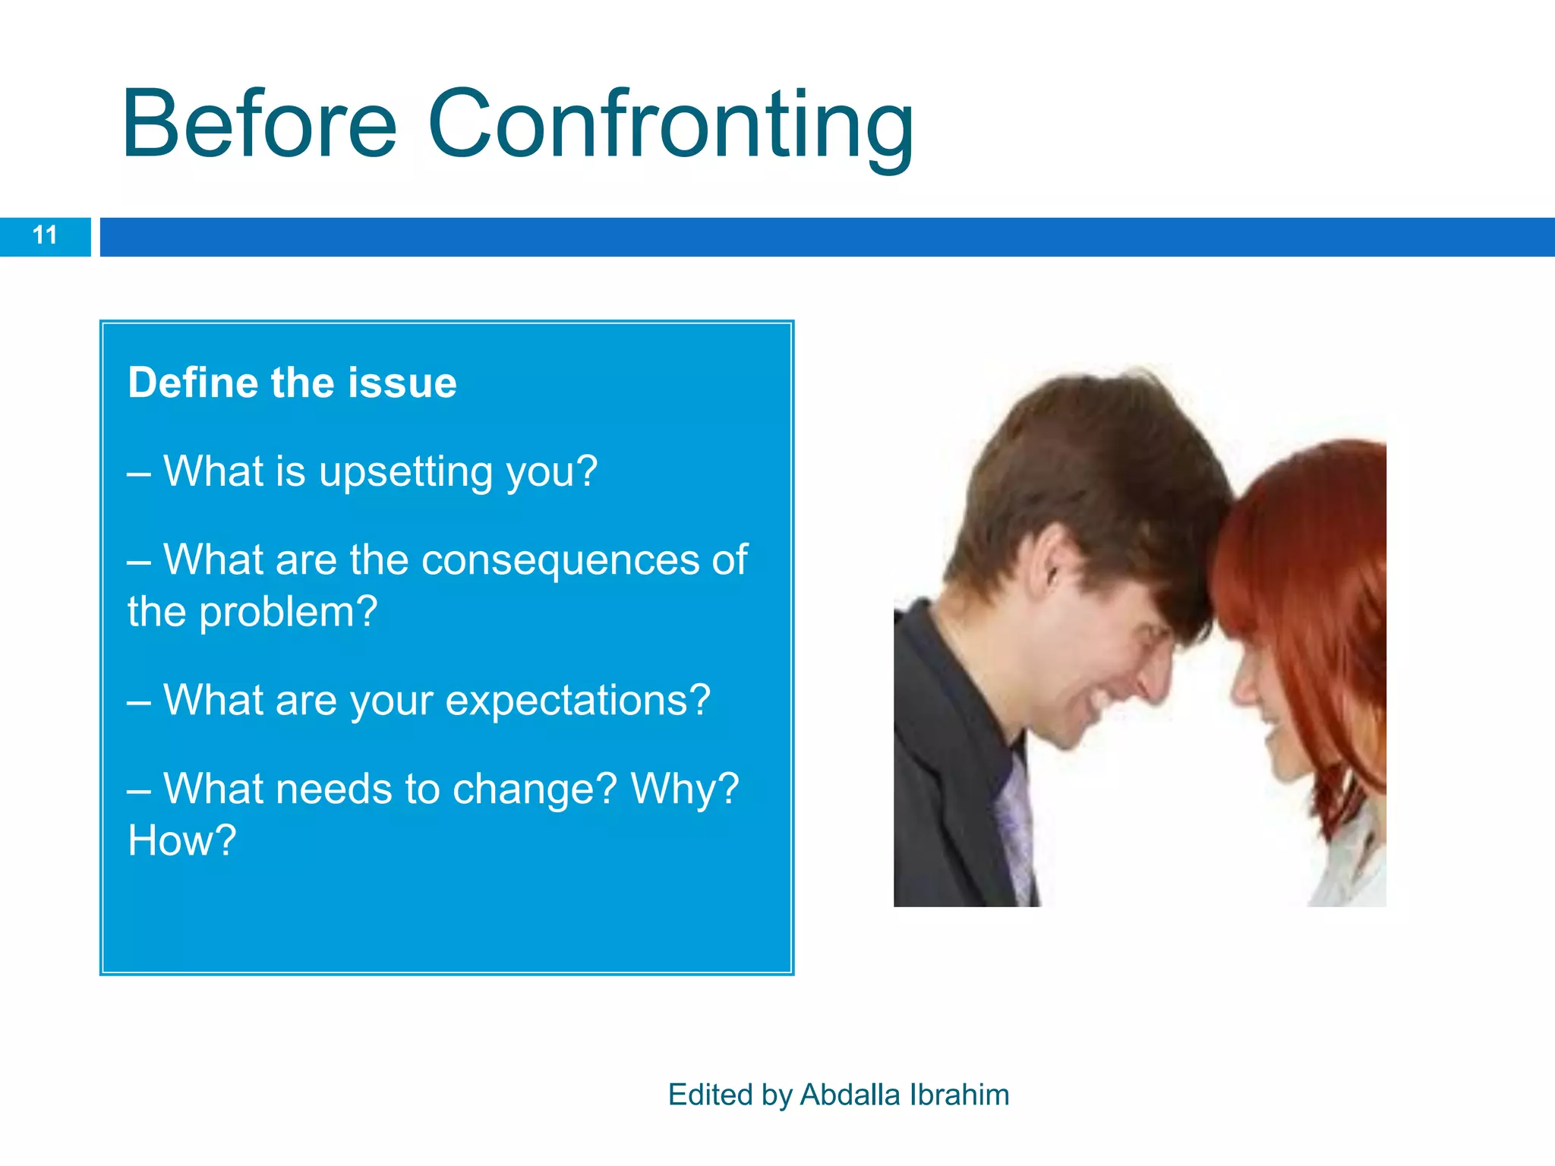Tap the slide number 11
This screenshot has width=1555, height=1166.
point(45,235)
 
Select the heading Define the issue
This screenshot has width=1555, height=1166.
point(292,383)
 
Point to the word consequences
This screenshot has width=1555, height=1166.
point(560,560)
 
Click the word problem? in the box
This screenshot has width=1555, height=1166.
point(288,612)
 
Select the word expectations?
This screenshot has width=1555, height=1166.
point(577,700)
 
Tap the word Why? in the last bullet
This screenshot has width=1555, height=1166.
point(684,789)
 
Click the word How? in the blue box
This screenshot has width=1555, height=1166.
point(181,841)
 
